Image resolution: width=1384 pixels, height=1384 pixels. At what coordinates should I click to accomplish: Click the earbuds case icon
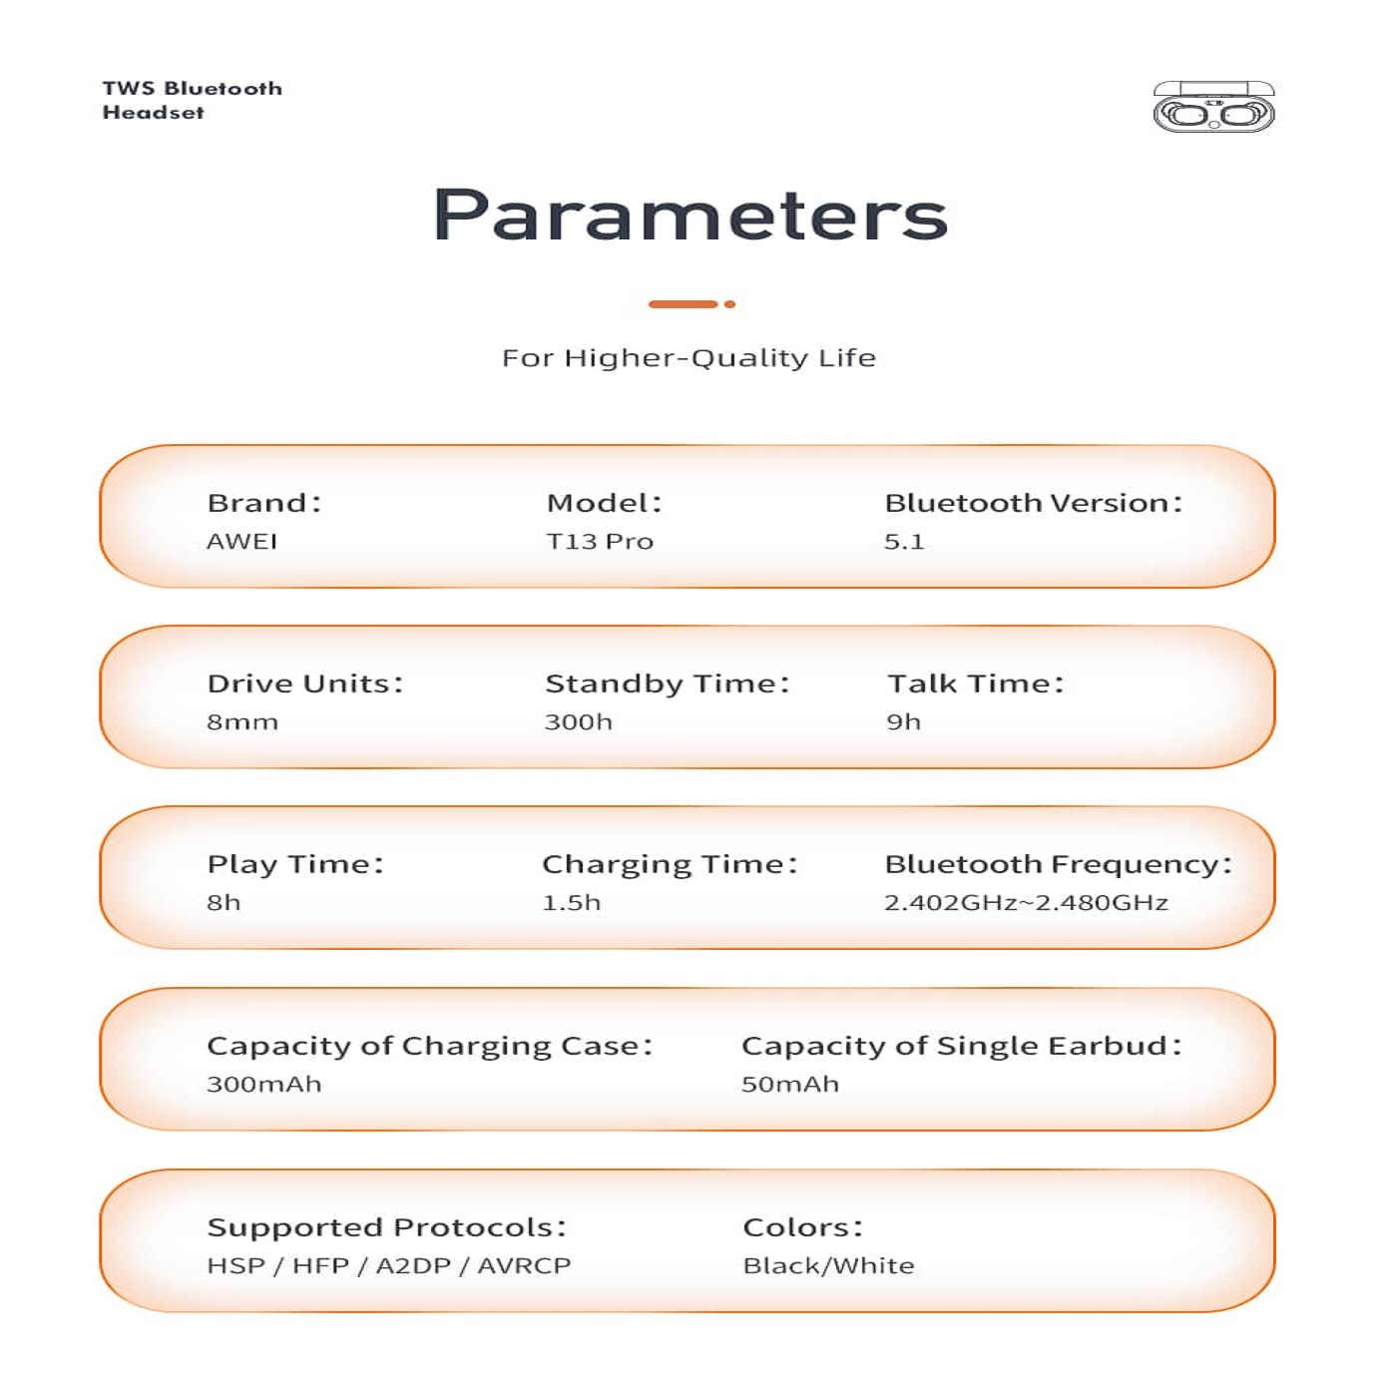pos(1213,108)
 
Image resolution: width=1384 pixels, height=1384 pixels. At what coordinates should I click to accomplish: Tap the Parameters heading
pos(691,215)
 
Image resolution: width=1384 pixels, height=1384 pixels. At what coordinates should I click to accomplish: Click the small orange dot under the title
pos(730,304)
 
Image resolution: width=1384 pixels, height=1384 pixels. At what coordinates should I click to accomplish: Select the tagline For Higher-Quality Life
pos(689,358)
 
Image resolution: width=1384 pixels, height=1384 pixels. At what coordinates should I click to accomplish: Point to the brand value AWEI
pos(242,542)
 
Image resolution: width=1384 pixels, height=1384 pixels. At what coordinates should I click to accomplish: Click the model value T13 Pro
pos(600,542)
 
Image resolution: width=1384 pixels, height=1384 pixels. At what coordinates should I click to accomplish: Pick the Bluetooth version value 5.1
pos(904,542)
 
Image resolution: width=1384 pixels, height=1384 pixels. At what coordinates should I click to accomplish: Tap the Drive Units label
pos(305,684)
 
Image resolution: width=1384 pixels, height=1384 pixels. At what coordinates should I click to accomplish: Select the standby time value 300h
pos(579,722)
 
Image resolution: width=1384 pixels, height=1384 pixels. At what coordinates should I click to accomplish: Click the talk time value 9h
pos(904,722)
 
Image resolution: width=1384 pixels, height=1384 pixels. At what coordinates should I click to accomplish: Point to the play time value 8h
pos(225,903)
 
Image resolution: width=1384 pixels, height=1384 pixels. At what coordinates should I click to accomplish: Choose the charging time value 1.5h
pos(572,903)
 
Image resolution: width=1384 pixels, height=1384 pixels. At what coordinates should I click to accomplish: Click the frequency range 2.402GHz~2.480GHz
pos(1026,903)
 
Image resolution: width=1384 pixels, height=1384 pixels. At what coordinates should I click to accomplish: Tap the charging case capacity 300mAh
pos(264,1085)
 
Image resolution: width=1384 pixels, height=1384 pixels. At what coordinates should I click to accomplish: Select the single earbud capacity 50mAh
pos(790,1085)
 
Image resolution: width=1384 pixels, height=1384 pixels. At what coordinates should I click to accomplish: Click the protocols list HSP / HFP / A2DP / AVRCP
pos(389,1266)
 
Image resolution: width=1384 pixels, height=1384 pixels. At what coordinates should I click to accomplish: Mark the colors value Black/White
pos(828,1266)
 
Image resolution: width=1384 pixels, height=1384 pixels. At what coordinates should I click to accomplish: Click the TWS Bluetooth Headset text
pos(192,101)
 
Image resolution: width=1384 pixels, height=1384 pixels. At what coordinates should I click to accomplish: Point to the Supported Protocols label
pos(387,1227)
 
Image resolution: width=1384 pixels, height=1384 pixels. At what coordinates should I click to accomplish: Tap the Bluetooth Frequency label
pos(1059,864)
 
